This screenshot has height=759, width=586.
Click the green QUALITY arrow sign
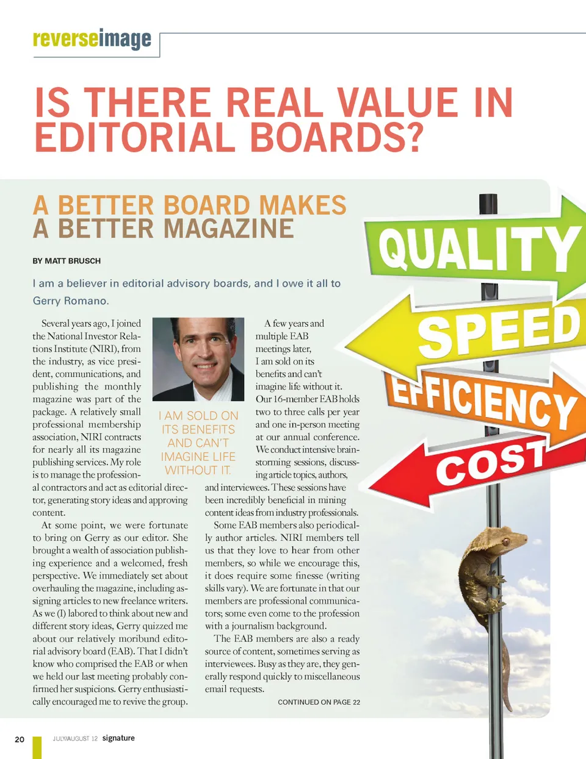click(476, 247)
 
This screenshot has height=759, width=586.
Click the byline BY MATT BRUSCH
click(67, 261)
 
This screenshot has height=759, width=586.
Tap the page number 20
click(20, 739)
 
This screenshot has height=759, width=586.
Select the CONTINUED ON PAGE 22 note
click(319, 702)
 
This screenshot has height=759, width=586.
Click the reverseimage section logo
click(92, 39)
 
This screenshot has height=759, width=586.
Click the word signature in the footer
click(118, 738)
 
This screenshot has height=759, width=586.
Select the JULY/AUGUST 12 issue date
click(74, 739)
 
